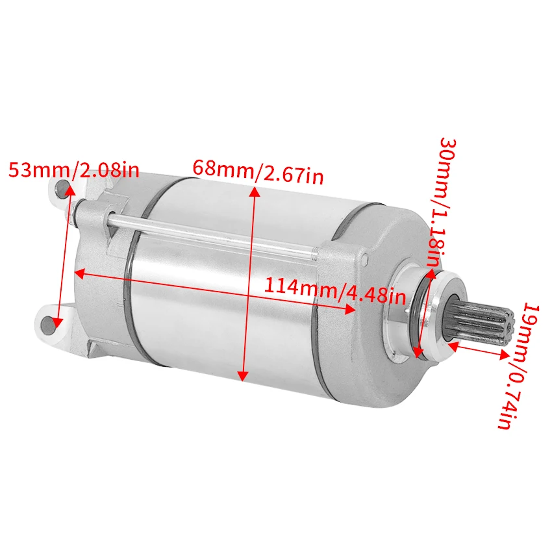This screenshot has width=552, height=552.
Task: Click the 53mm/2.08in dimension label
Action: [x=73, y=171]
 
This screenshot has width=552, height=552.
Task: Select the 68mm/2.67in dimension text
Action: [x=258, y=172]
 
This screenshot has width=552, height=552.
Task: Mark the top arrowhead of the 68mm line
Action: [x=254, y=190]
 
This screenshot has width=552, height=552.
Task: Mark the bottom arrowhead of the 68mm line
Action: [x=243, y=377]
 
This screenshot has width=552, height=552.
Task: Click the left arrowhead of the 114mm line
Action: [x=77, y=273]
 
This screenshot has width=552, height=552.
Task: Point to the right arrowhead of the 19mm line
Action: [x=505, y=355]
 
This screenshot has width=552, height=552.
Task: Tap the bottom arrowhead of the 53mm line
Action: [x=58, y=321]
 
